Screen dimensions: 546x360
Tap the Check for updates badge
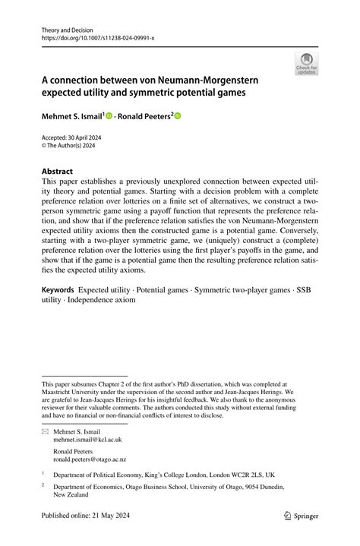pos(306,63)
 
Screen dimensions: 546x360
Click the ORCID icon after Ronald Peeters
pos(178,116)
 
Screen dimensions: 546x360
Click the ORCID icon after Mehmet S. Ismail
pos(109,116)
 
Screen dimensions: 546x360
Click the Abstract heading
pos(58,172)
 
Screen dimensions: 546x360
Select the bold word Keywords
pos(58,290)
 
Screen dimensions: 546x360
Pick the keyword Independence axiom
pos(102,300)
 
